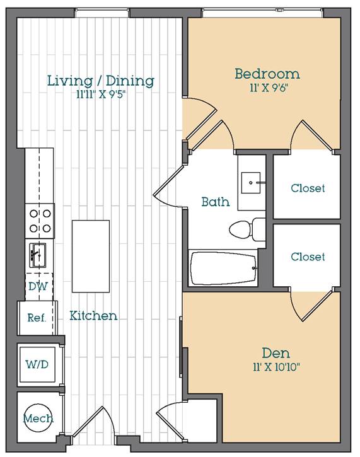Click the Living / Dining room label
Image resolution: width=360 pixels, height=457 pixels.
click(x=100, y=81)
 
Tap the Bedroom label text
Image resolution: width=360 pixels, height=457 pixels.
click(x=267, y=74)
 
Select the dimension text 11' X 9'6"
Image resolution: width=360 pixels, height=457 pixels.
click(x=267, y=88)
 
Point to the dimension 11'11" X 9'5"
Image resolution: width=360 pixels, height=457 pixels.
click(x=100, y=95)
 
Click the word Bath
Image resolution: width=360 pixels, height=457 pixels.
click(x=215, y=202)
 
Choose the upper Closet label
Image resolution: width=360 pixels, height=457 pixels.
click(x=308, y=188)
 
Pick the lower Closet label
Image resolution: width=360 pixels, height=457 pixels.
click(x=308, y=257)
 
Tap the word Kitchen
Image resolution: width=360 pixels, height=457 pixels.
click(x=93, y=315)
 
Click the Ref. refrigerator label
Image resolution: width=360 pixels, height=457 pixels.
click(x=37, y=318)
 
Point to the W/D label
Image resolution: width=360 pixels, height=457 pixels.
click(x=37, y=364)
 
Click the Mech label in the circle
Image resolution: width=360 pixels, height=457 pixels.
click(x=38, y=418)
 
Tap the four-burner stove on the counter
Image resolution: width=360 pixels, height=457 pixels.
click(x=39, y=221)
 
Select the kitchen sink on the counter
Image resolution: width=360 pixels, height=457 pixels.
click(x=38, y=255)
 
